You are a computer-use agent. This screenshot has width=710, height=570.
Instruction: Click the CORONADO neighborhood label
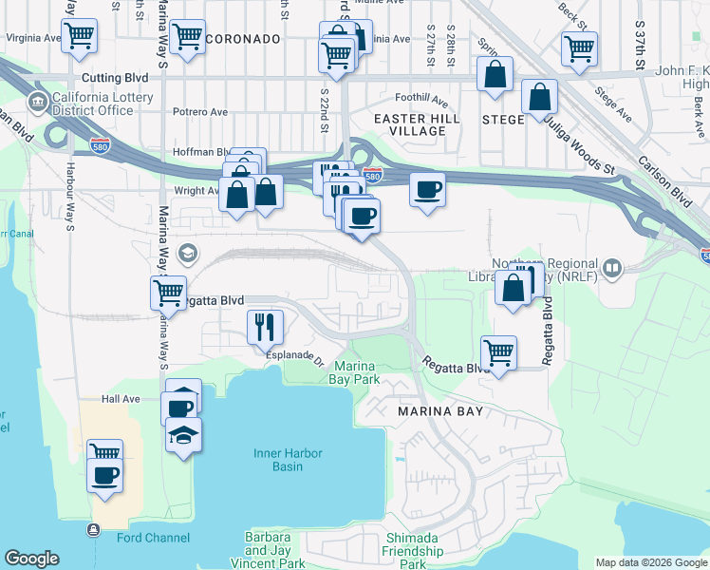[244, 39]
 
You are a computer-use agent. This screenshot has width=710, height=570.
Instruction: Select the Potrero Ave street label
[200, 110]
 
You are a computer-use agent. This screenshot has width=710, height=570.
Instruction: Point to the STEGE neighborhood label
[503, 120]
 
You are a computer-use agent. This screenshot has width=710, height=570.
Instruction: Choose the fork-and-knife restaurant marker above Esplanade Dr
[265, 327]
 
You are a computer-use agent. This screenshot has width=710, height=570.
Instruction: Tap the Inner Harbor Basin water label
[291, 460]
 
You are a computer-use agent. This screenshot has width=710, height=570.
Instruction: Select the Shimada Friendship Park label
[414, 551]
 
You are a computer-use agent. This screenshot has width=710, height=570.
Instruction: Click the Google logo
[32, 559]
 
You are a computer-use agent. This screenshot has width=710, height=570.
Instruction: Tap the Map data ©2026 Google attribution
[650, 562]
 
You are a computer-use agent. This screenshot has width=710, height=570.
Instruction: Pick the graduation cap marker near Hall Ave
[183, 434]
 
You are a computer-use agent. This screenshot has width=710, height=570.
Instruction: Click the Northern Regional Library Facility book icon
[612, 269]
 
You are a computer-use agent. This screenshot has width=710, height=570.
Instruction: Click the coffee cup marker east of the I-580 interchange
[427, 189]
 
